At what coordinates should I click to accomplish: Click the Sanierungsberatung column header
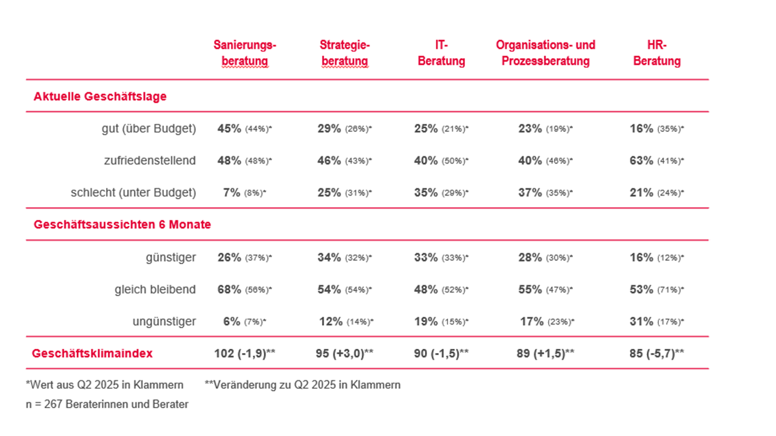[244, 53]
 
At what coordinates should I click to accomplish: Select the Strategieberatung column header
[344, 53]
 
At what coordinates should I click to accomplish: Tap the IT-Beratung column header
[441, 53]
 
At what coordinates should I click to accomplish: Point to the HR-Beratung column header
[657, 53]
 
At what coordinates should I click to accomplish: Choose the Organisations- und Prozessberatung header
[545, 53]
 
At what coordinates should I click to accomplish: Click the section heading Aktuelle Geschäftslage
[100, 96]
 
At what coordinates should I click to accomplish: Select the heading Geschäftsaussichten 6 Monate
[122, 225]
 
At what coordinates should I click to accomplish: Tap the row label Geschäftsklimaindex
[92, 353]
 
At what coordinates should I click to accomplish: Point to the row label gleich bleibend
[155, 289]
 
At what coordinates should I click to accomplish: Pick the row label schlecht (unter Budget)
[133, 193]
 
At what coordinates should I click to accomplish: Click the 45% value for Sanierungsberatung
[229, 128]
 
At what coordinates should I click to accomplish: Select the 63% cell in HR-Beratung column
[641, 160]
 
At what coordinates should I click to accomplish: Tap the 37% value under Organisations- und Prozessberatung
[530, 193]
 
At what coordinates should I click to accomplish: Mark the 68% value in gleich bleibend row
[229, 289]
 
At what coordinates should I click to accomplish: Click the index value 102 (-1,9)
[245, 353]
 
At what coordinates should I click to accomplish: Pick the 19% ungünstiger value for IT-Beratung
[425, 322]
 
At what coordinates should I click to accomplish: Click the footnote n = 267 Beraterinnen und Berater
[107, 405]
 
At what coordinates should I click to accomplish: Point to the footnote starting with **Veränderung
[303, 385]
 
